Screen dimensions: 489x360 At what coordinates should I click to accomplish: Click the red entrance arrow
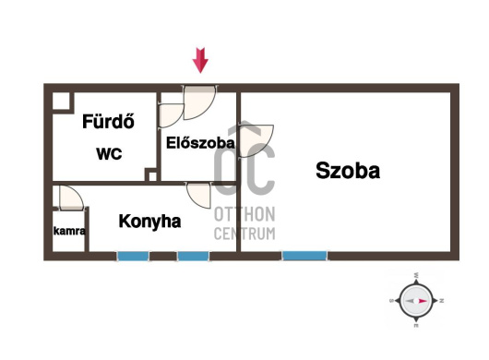(200, 60)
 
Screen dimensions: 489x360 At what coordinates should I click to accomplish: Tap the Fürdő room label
(108, 121)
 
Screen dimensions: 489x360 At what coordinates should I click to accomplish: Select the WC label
(109, 154)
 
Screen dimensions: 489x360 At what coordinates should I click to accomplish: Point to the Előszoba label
(200, 143)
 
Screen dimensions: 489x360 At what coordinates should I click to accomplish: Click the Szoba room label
(348, 171)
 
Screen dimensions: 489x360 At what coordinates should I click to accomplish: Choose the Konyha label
(149, 222)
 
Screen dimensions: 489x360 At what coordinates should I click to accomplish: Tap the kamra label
(69, 231)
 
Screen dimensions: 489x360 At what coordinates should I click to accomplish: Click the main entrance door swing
(199, 102)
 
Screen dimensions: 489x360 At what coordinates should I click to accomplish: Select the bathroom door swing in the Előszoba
(171, 115)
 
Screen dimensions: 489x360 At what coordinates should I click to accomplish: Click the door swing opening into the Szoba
(256, 140)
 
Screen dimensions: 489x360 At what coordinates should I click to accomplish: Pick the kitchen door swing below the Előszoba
(198, 195)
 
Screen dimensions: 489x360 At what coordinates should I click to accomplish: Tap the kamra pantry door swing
(71, 198)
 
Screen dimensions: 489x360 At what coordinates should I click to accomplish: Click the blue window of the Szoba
(304, 256)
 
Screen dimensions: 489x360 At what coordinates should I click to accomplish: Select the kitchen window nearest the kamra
(133, 256)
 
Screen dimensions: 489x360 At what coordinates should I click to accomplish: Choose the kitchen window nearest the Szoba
(193, 256)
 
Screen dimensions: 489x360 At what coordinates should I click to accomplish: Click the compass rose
(416, 301)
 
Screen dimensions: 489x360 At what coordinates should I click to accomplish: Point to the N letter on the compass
(441, 301)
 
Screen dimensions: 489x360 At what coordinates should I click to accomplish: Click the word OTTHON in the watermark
(244, 214)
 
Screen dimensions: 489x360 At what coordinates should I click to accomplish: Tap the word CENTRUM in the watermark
(244, 234)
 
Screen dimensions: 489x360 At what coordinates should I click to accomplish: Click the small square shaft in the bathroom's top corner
(61, 101)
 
